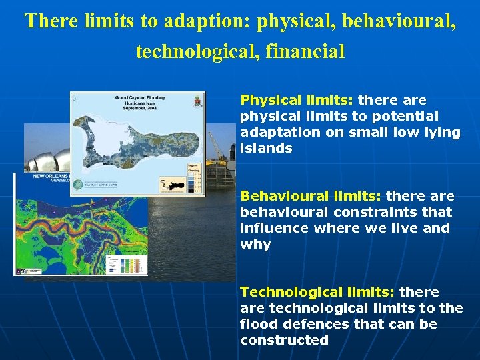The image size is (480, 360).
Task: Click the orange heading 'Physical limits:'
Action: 297,100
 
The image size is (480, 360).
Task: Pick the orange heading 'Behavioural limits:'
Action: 311,196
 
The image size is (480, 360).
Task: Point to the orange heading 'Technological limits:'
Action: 317,292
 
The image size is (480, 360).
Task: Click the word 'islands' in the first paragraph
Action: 266,148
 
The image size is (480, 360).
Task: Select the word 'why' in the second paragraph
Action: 255,244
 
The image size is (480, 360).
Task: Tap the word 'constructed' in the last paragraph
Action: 284,340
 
